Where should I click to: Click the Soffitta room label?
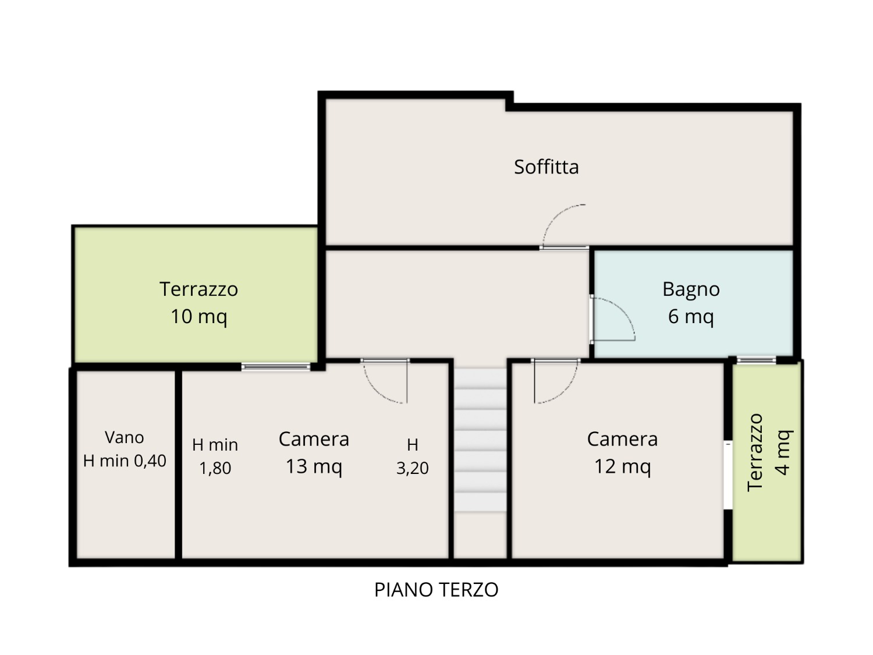coord(546,167)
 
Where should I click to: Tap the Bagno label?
coord(691,289)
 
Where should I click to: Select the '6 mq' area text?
coord(691,317)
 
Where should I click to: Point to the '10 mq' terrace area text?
coord(199,317)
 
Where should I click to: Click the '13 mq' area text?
coord(314,466)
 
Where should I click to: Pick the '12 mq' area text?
coord(622,466)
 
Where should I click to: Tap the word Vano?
coord(125,437)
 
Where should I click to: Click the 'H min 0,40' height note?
coord(125,461)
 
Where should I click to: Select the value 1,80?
coord(215,468)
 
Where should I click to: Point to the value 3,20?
coord(413,468)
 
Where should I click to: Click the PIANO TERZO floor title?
coord(436,590)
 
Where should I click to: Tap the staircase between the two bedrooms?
coord(481,440)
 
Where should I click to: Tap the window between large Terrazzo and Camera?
coord(276,367)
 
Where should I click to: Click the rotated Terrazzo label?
coord(755,452)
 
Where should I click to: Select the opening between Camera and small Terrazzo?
coord(728,475)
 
